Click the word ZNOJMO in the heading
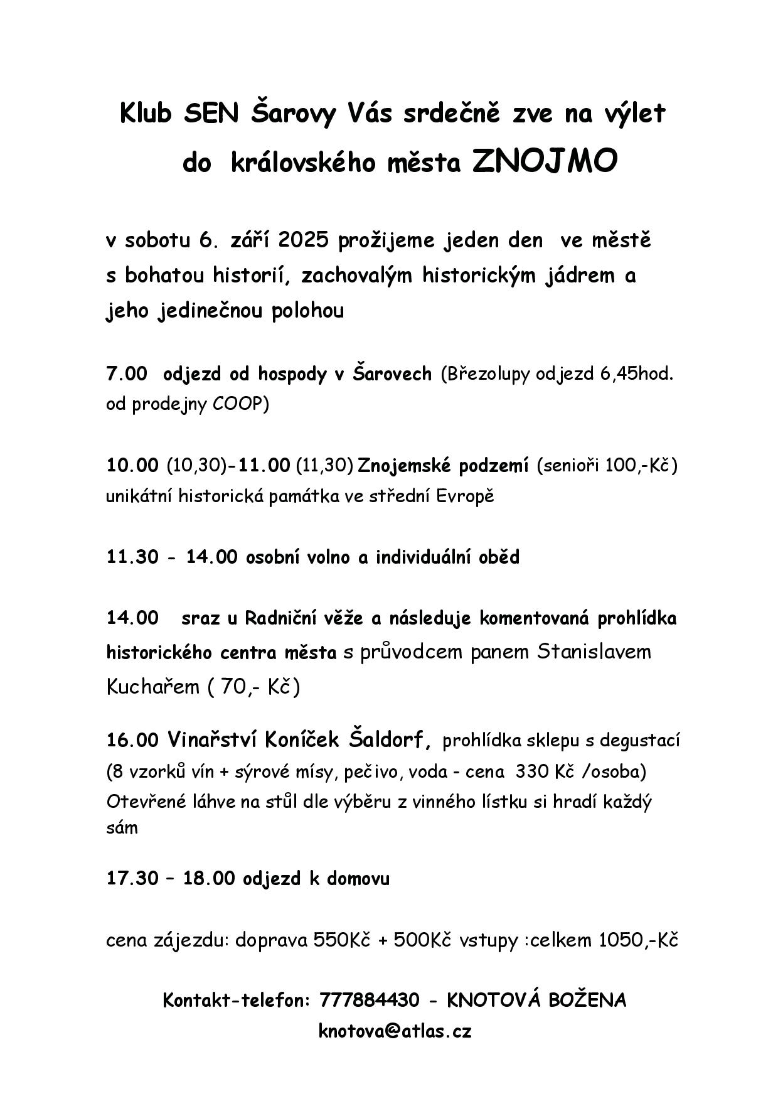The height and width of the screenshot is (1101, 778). click(545, 162)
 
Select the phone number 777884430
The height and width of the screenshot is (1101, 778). click(369, 1000)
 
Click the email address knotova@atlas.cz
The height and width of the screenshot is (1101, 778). click(395, 1031)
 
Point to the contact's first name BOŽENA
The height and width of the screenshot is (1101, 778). click(587, 1000)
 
